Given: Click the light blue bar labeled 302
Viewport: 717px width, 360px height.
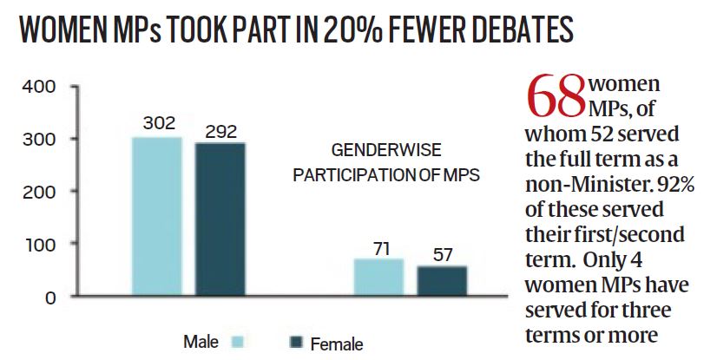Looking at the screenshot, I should (x=157, y=216).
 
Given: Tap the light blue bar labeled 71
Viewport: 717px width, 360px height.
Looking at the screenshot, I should (x=378, y=277).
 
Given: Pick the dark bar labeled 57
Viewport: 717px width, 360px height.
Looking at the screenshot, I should (x=442, y=280).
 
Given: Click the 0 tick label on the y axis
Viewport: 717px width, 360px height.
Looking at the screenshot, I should (x=50, y=298).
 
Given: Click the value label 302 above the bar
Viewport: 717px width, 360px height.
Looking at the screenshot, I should (x=157, y=124).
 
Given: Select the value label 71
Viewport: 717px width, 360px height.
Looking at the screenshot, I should (x=378, y=248).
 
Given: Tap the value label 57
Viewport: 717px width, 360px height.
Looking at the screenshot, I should (x=442, y=254).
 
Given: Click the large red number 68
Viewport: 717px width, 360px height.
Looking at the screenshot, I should (x=556, y=98).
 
